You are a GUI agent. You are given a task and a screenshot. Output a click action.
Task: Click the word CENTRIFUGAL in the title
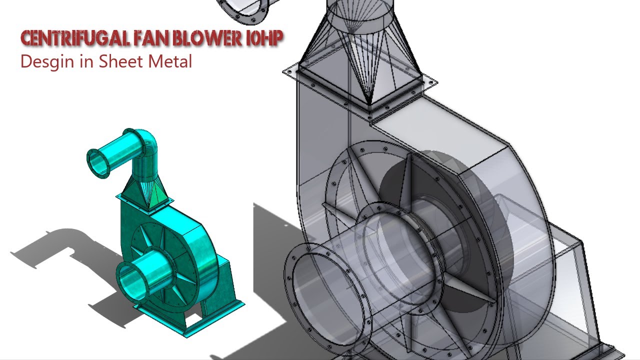75,38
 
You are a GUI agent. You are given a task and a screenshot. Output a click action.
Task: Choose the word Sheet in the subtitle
122,61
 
